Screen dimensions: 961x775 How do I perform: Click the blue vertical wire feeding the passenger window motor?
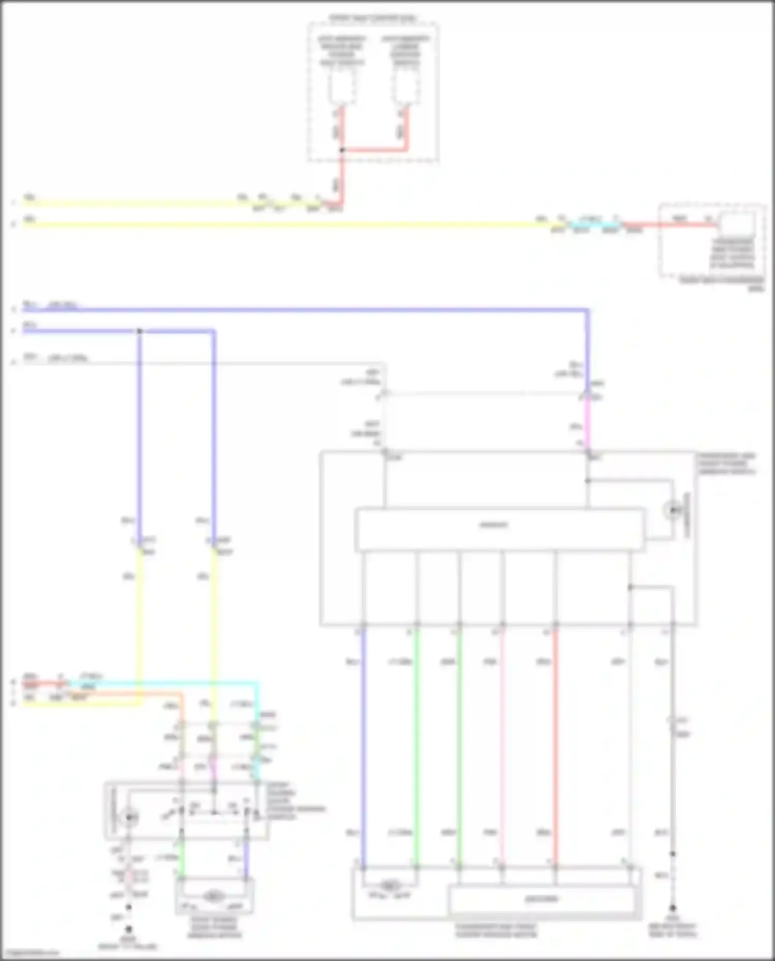coord(364,749)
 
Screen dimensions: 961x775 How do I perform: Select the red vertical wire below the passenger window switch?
coord(555,749)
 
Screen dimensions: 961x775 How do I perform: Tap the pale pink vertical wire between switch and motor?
coord(502,749)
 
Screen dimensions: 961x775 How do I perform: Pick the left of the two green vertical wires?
coord(417,749)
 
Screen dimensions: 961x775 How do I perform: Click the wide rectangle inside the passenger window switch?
coord(499,529)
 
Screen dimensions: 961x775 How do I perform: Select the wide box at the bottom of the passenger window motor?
coord(541,899)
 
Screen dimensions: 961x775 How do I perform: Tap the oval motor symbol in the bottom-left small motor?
coord(213,896)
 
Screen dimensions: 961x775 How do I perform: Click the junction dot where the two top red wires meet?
coord(342,150)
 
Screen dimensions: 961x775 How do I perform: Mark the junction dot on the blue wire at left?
coord(139,331)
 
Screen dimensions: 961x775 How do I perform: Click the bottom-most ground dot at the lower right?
coord(673,907)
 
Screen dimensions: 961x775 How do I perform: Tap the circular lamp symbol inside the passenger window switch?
coord(673,511)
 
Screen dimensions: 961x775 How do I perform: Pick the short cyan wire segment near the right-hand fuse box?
coord(594,225)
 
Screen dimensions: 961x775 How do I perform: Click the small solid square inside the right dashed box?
coord(737,224)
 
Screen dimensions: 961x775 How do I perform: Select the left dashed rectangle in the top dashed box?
coord(342,85)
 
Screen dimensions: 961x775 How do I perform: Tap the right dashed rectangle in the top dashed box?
coord(406,85)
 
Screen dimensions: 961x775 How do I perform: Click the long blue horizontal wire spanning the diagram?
coord(310,310)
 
